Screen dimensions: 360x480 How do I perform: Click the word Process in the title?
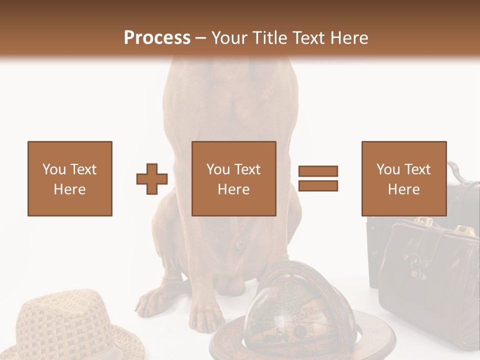click(x=157, y=37)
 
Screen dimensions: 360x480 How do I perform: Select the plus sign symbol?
click(x=152, y=179)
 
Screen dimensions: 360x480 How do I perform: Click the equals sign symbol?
click(x=318, y=178)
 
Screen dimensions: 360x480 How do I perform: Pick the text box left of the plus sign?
click(x=70, y=178)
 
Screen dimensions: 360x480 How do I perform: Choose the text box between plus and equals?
click(x=234, y=178)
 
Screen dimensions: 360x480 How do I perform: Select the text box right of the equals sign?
click(x=404, y=178)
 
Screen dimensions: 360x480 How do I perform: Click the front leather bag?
click(x=425, y=280)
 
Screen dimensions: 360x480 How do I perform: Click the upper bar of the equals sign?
click(x=318, y=171)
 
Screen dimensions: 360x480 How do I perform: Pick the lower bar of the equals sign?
click(x=318, y=185)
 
